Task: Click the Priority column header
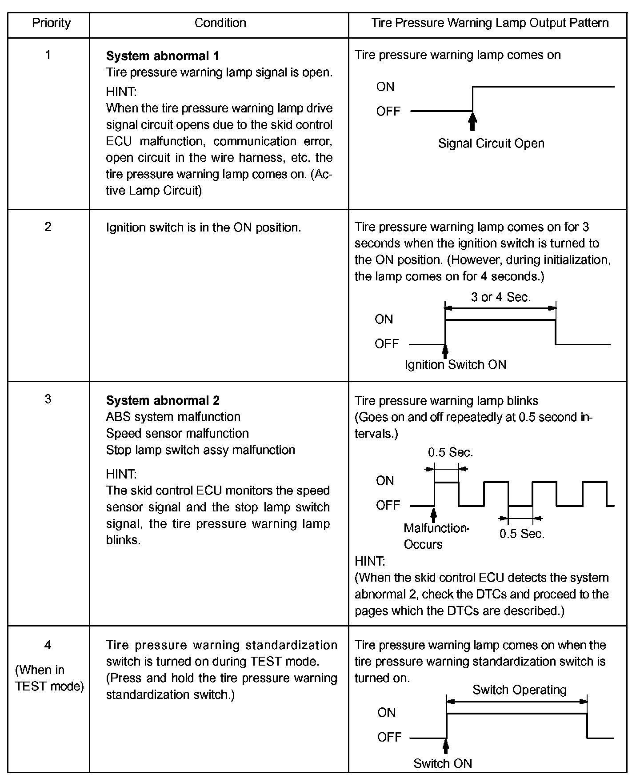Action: [x=51, y=23]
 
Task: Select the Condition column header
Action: [x=220, y=23]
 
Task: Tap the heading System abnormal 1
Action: [x=162, y=56]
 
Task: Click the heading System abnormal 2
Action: [x=162, y=400]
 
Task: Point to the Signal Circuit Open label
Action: [x=491, y=144]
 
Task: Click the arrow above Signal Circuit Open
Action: [x=472, y=122]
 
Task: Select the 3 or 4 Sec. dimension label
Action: [x=501, y=297]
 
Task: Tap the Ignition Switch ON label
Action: [x=456, y=365]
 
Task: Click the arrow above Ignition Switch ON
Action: [x=445, y=351]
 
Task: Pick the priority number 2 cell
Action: [x=48, y=227]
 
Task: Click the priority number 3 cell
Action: [x=48, y=399]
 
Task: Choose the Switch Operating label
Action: [x=519, y=690]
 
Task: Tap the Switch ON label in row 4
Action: [x=443, y=763]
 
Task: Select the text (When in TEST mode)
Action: [x=49, y=678]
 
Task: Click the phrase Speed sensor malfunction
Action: [x=177, y=433]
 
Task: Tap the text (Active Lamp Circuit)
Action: [x=219, y=183]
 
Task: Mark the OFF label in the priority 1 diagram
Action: [x=388, y=111]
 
